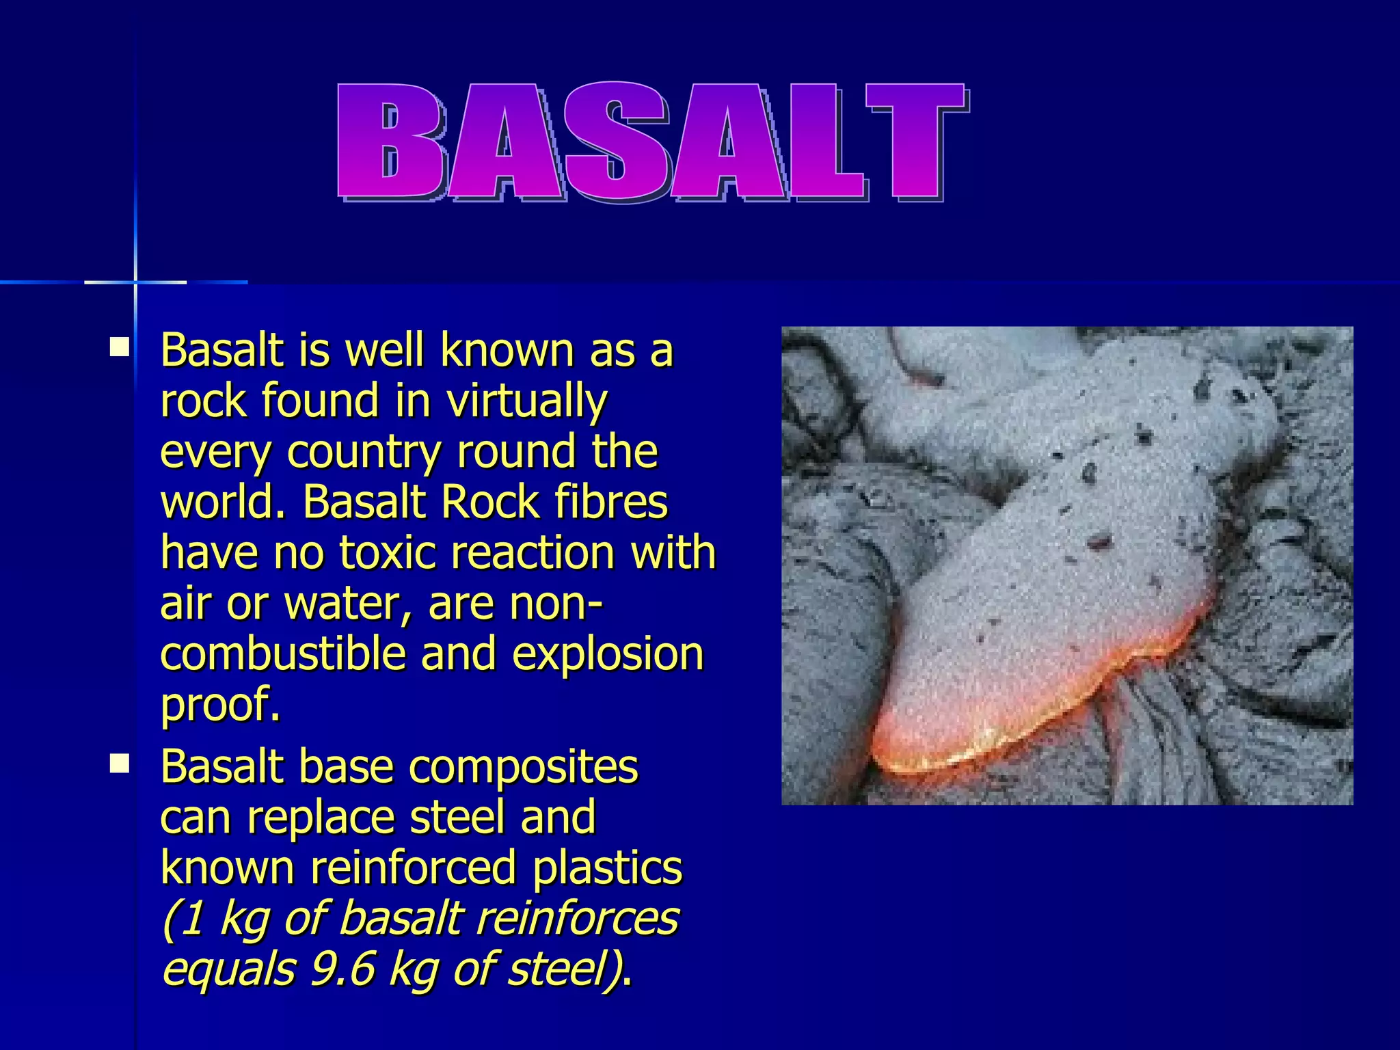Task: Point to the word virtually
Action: (x=526, y=401)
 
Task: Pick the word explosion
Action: (x=607, y=655)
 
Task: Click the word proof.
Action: (x=219, y=705)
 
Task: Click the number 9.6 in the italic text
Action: (x=342, y=969)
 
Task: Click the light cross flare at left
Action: (x=135, y=282)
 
